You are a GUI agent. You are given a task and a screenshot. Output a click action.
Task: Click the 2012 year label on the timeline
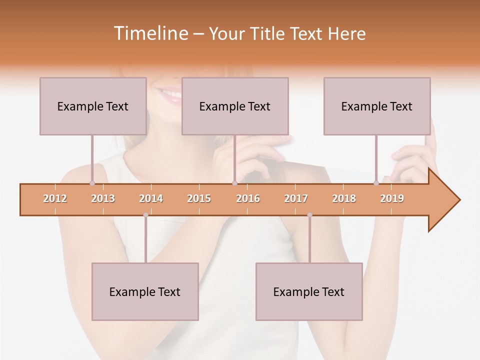point(55,198)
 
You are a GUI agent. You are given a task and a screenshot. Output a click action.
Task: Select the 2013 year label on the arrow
point(103,198)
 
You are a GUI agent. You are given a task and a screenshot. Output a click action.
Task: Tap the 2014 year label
point(151,198)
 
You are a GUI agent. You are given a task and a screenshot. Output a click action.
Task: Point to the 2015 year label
point(199,198)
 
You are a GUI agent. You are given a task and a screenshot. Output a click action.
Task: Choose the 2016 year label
point(248,198)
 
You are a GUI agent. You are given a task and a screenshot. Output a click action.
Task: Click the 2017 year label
point(296,198)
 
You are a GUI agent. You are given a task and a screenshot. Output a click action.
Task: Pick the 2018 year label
point(344,198)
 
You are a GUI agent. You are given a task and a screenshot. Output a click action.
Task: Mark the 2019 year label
point(392,198)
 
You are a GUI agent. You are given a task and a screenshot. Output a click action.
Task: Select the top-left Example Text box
point(93,106)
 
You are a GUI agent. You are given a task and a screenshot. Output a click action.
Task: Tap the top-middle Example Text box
point(235,106)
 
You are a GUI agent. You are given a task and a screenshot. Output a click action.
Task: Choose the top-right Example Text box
point(377,106)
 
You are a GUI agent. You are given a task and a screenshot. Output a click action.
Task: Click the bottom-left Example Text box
point(145,291)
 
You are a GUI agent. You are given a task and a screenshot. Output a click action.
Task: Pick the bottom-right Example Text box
point(309,291)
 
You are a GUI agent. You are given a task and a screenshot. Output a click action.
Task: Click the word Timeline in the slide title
point(150,33)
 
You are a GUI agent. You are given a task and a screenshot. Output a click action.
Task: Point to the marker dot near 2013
point(92,183)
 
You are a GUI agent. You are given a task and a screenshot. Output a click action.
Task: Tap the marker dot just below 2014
point(145,215)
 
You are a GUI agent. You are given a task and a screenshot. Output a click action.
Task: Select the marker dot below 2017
point(309,215)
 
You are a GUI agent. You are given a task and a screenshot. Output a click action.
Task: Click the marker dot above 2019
point(376,183)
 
